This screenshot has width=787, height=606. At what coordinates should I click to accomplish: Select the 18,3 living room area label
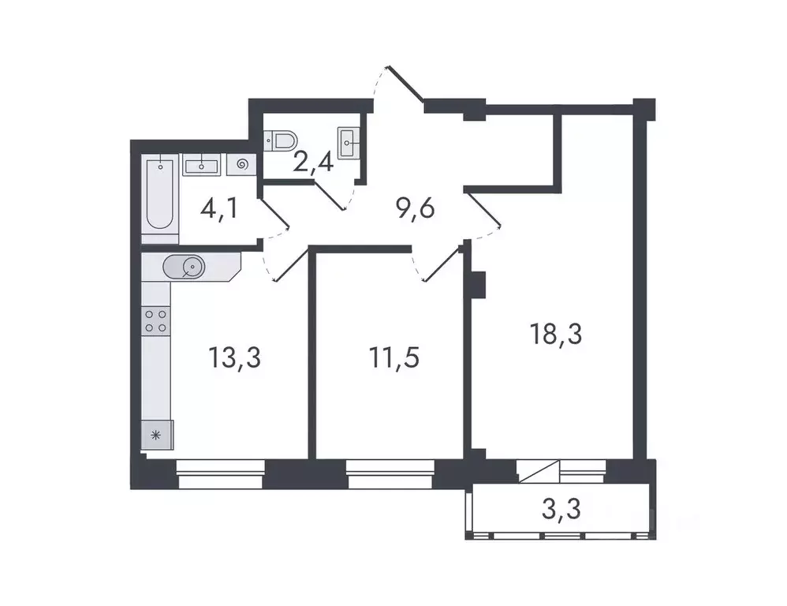(556, 335)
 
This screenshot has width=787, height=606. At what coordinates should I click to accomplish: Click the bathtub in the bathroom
(161, 196)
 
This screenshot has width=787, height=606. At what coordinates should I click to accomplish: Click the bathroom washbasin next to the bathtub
(203, 165)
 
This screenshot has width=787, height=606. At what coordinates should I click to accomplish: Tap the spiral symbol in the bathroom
(241, 165)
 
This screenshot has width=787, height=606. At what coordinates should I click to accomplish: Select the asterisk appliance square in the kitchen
(155, 434)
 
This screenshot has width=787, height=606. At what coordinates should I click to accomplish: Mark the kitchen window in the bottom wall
(220, 475)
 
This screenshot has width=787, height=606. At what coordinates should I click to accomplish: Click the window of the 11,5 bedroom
(390, 475)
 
